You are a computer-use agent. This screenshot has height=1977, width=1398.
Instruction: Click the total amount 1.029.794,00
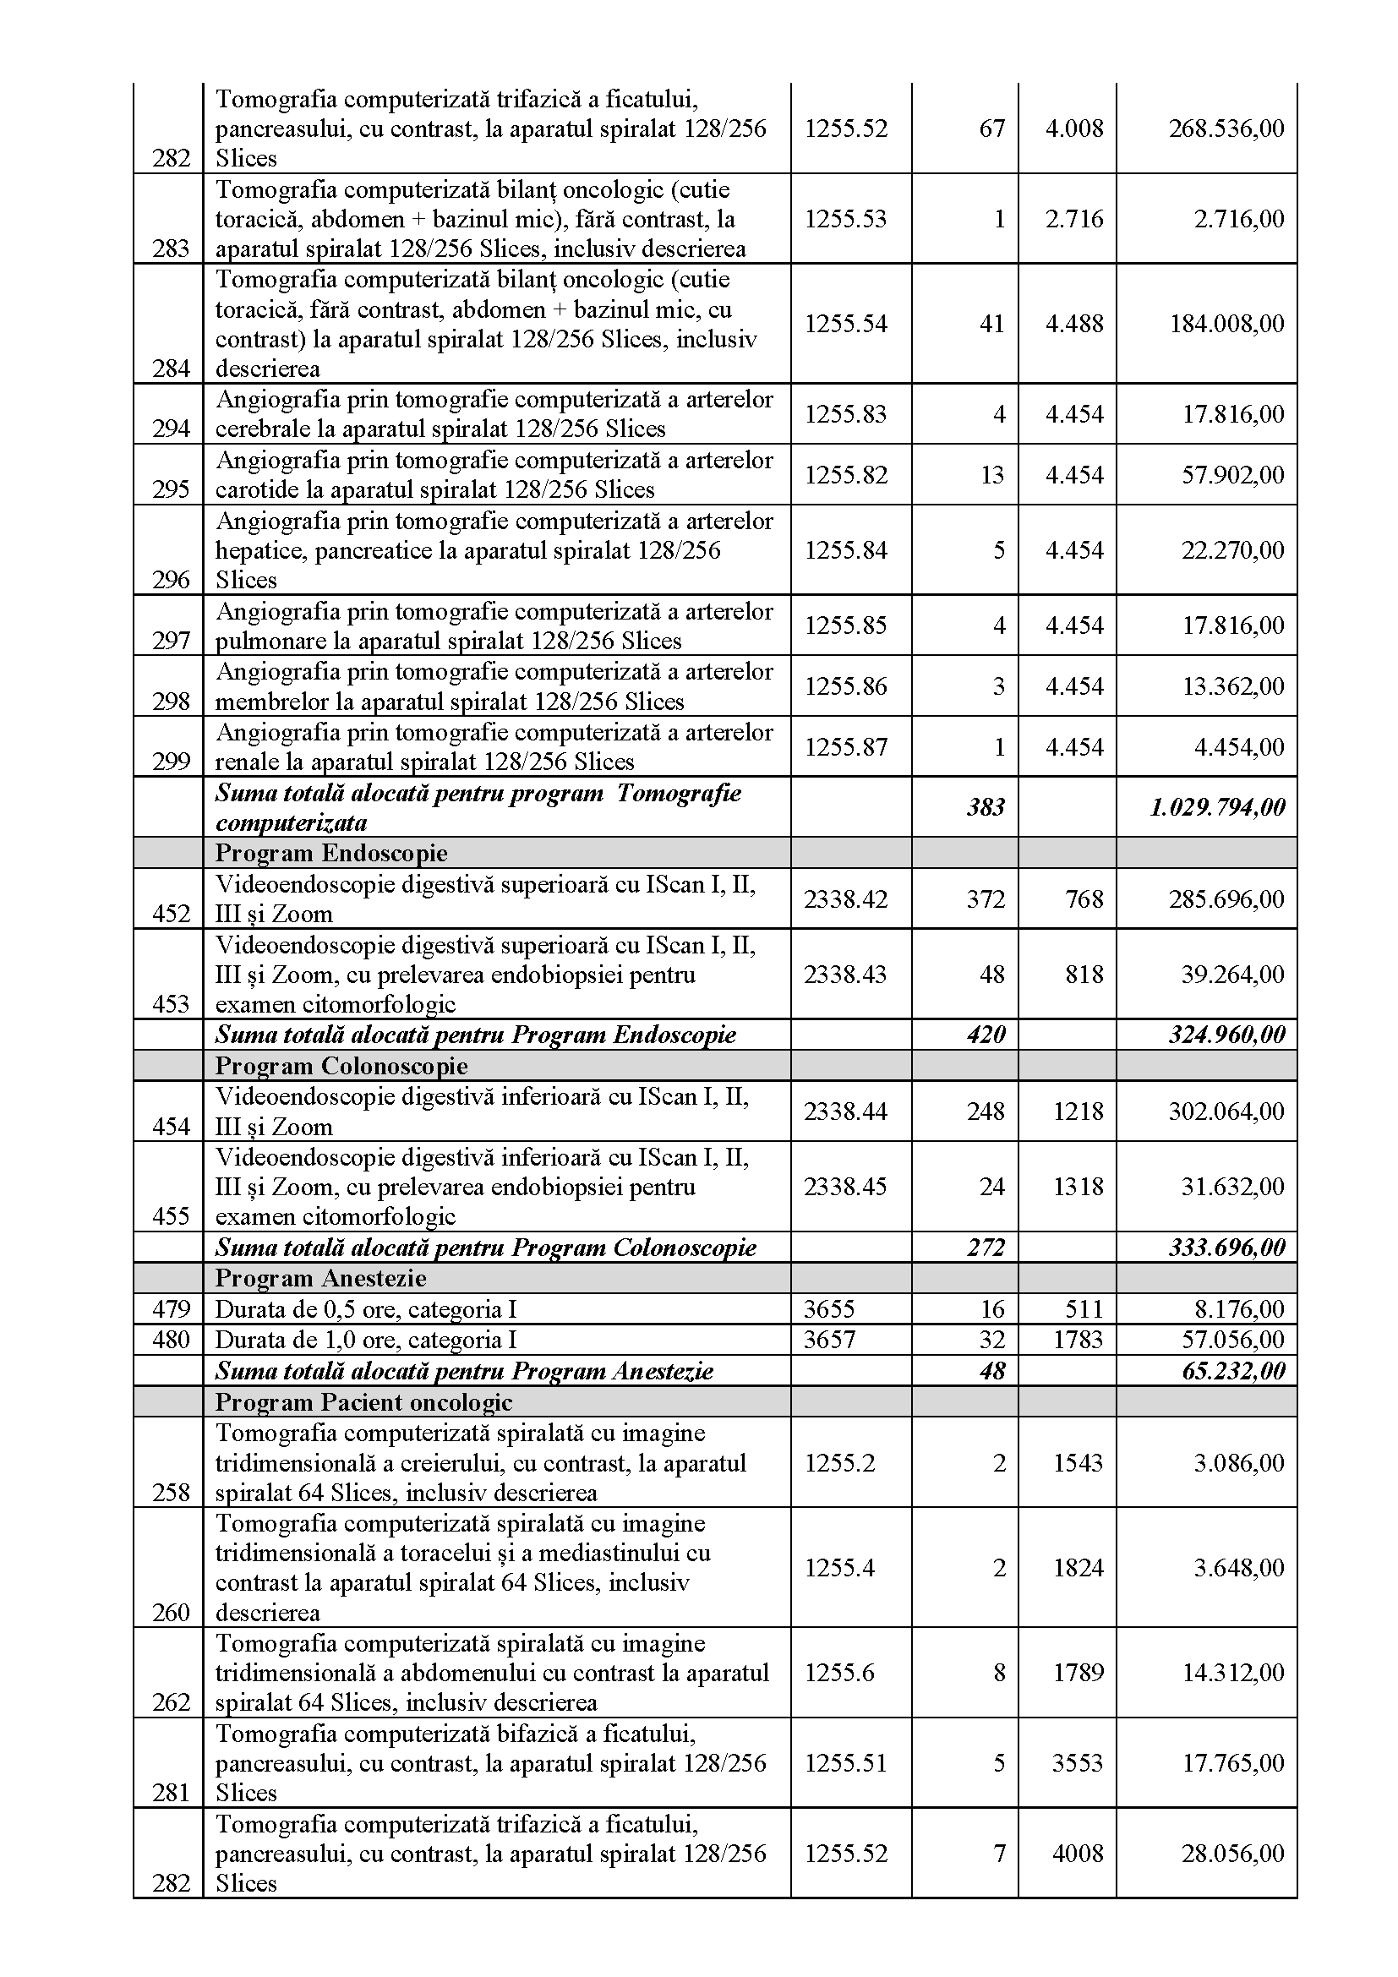[1216, 807]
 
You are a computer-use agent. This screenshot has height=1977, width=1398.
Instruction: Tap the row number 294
[171, 429]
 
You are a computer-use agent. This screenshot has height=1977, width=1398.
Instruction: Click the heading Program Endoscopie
[330, 854]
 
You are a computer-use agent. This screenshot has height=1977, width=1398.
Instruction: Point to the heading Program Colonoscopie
[341, 1066]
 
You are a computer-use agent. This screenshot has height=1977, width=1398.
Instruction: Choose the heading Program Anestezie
[320, 1278]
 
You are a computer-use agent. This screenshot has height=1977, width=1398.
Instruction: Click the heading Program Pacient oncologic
[363, 1403]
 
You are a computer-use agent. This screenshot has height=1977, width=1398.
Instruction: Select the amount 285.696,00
[1226, 899]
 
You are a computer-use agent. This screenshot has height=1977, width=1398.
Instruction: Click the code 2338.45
[845, 1187]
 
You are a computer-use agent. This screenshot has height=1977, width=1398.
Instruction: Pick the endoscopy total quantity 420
[986, 1034]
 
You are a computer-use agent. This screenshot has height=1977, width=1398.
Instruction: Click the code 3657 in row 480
[829, 1340]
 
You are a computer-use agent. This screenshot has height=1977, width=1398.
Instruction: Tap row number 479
[171, 1309]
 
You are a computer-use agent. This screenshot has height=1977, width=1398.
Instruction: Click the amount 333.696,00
[1226, 1248]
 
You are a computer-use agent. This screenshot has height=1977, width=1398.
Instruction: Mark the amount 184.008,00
[1226, 324]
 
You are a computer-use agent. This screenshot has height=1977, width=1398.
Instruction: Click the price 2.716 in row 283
[1073, 219]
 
